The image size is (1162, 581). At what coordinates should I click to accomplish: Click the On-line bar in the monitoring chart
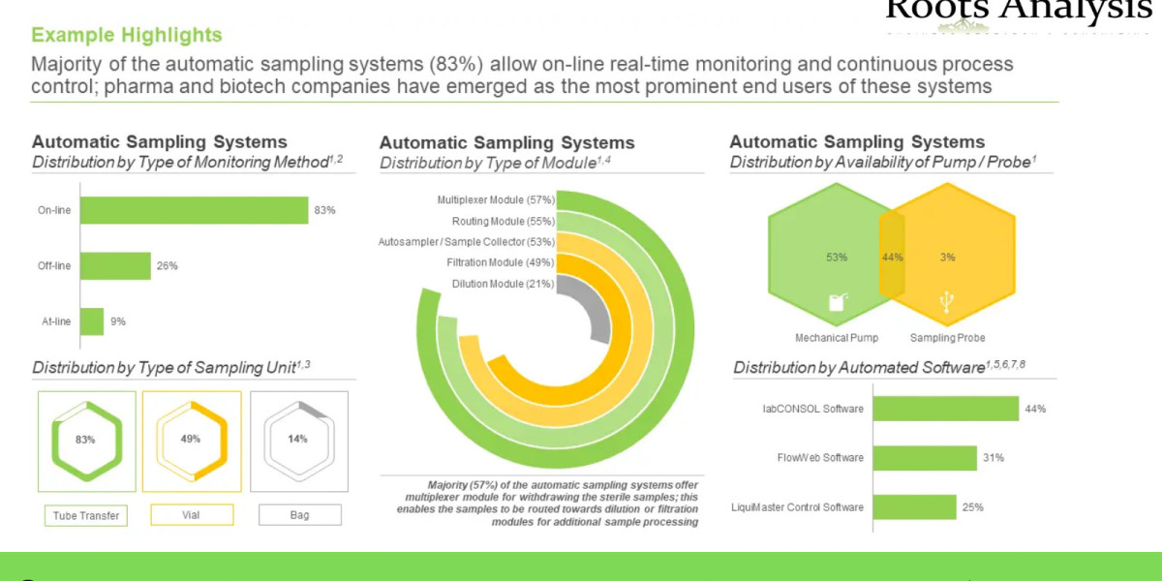(194, 210)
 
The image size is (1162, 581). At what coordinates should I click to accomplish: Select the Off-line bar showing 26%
(115, 265)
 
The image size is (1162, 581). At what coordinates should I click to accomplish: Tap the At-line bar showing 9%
(92, 321)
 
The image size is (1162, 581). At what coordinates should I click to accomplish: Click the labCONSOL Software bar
(946, 409)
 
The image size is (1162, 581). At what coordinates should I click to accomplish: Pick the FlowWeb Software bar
(925, 458)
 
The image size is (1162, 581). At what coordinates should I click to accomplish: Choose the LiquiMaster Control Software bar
(915, 506)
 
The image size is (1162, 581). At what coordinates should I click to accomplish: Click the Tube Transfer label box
(87, 515)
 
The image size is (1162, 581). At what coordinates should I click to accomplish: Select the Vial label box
(191, 515)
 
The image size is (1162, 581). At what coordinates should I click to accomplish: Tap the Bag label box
(299, 515)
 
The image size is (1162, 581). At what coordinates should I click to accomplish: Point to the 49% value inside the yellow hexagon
(191, 439)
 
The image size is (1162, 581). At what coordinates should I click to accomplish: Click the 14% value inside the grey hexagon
(297, 439)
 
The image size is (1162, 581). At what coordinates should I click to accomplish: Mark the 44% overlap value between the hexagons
(892, 258)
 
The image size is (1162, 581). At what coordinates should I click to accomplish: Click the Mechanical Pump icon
(837, 303)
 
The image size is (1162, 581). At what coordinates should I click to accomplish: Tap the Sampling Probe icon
(947, 303)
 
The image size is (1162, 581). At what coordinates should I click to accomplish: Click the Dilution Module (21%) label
(503, 284)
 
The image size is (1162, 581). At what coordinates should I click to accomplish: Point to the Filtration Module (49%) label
(500, 262)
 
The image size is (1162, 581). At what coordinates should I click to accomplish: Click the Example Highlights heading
(127, 35)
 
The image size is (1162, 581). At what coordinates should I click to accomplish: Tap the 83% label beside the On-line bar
(324, 210)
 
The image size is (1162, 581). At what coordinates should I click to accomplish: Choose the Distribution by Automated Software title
(879, 367)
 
